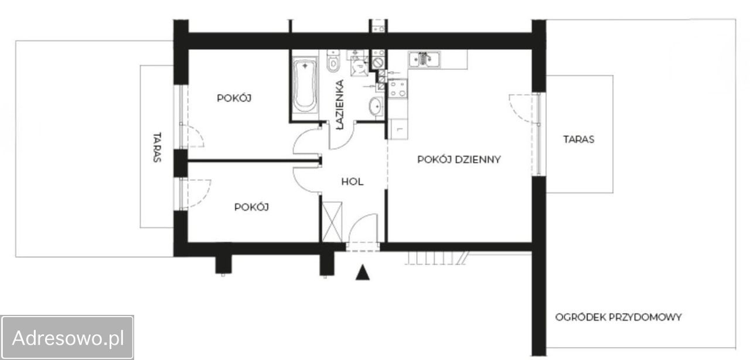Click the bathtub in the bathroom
tap(305, 85)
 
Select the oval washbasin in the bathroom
tap(376, 106)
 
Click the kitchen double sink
tap(424, 59)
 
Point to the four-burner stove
tap(398, 89)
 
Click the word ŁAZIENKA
tap(340, 104)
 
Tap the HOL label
tap(352, 182)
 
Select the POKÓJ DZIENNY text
tap(459, 159)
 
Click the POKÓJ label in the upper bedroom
tap(234, 98)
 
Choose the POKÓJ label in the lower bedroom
tap(251, 207)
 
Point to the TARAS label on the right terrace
tap(578, 140)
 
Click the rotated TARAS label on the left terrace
tap(157, 148)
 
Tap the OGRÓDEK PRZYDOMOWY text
tap(618, 317)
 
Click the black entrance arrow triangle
tap(362, 273)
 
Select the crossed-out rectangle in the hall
tap(332, 222)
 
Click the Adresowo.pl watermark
tap(68, 338)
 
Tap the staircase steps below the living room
tap(435, 258)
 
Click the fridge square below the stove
tap(398, 129)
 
